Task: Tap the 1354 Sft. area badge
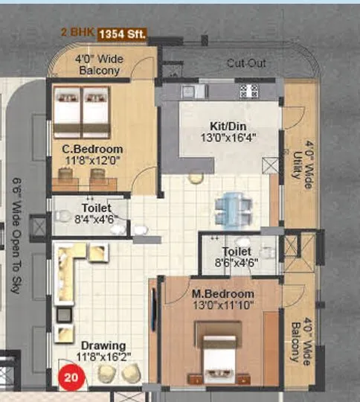click(x=124, y=34)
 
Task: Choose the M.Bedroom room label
click(x=221, y=284)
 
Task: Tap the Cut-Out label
click(x=245, y=64)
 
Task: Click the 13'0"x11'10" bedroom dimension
click(x=221, y=296)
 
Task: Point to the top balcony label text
click(x=99, y=66)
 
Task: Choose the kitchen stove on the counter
click(x=246, y=92)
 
